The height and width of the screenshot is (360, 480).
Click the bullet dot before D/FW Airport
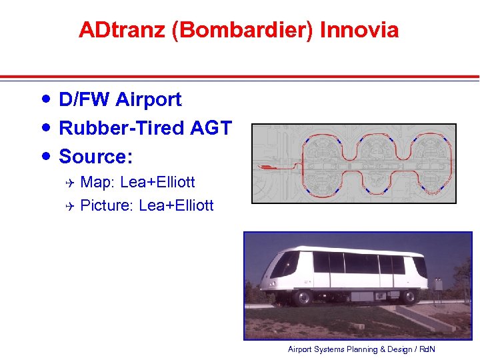coord(45,99)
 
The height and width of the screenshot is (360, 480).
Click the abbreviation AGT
coord(212,128)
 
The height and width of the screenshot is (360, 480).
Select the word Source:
coord(96,157)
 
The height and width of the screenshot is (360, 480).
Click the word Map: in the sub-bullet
coord(98,182)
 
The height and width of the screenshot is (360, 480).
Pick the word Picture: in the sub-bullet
coord(107,205)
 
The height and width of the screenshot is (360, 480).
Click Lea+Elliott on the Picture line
coord(176,205)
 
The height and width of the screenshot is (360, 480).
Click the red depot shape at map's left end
coord(267,165)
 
